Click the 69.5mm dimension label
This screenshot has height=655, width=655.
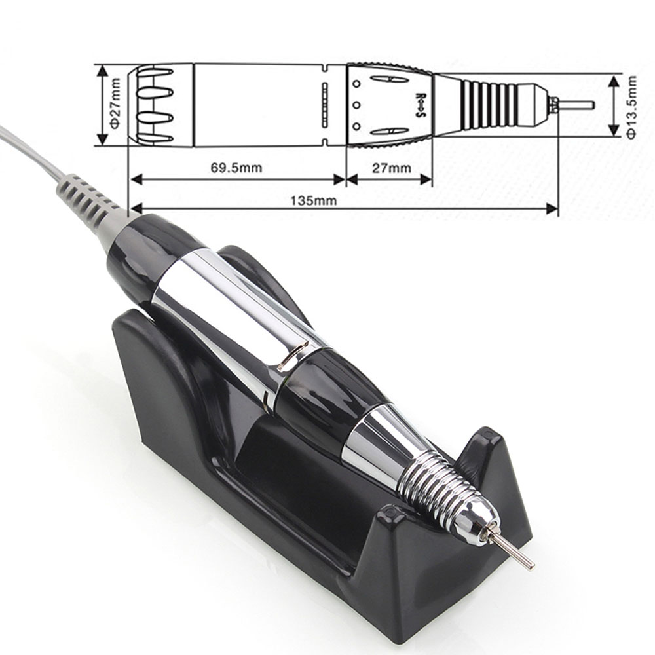point(236,168)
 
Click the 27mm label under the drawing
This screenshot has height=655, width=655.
point(392,168)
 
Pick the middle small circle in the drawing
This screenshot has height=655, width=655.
point(356,104)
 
